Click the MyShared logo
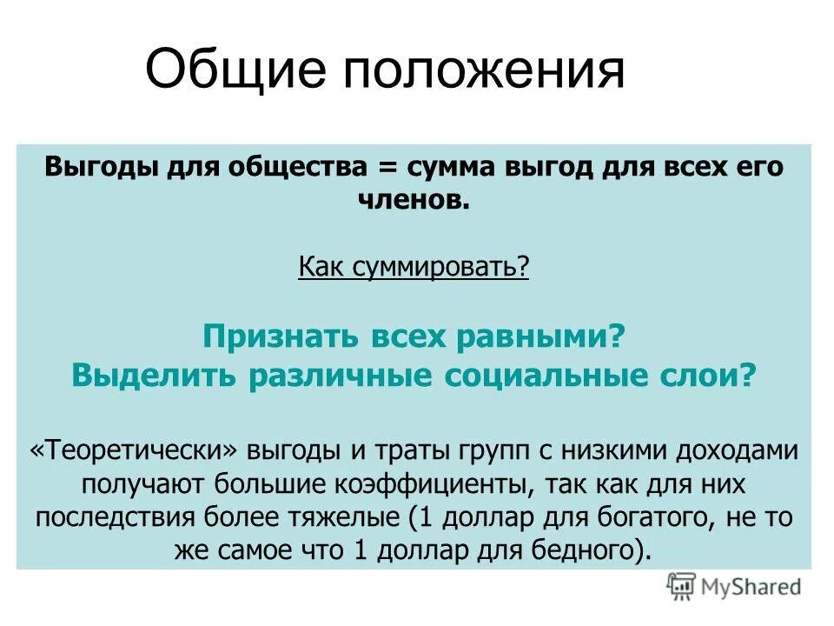pos(734,587)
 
